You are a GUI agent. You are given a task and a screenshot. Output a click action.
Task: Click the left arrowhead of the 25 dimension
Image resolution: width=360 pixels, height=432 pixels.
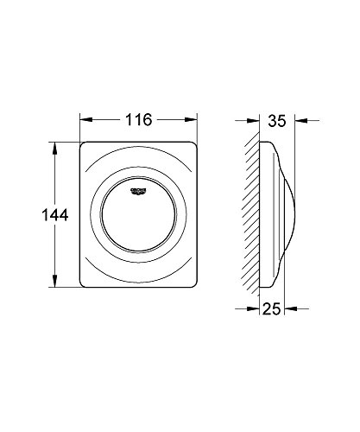(256, 306)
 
